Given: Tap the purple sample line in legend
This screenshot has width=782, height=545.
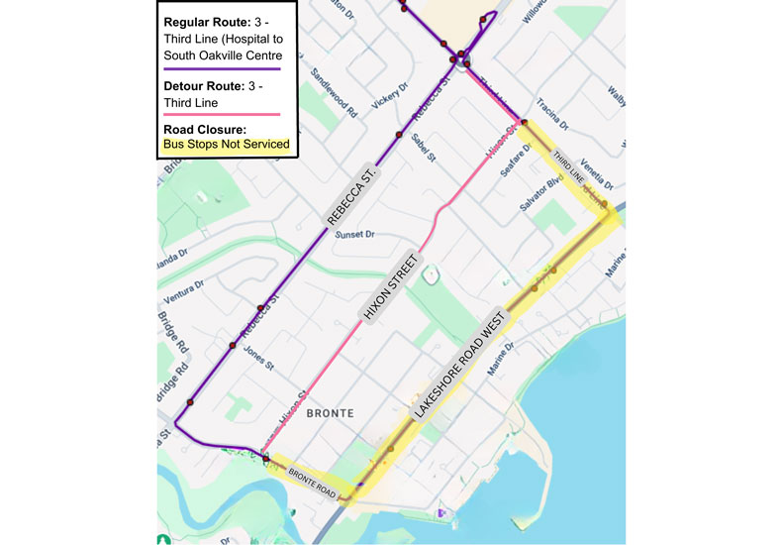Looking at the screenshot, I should pos(223,68).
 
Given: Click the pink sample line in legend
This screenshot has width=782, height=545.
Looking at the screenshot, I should pos(223,115).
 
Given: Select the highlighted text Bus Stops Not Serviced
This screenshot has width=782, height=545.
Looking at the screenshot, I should pos(227,145).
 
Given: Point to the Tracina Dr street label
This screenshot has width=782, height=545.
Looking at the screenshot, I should pos(551,114).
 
